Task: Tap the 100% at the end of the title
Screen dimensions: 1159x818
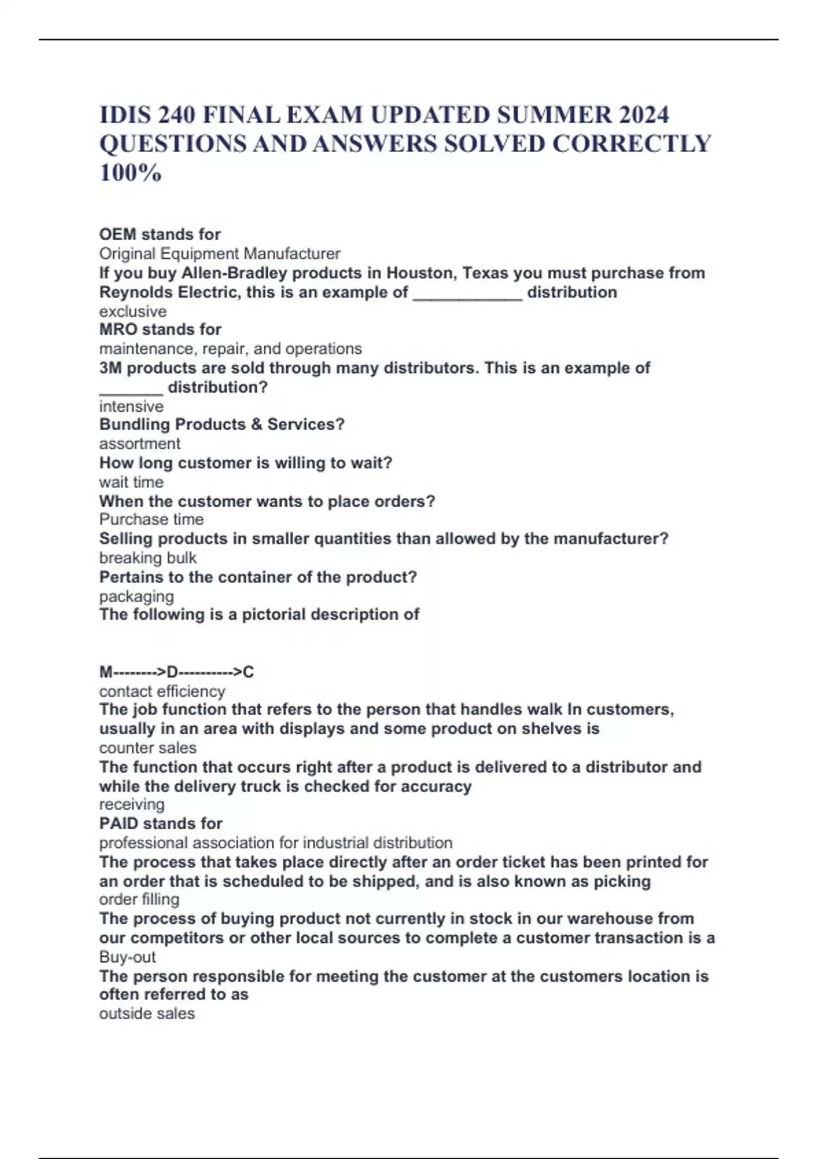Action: pos(130,173)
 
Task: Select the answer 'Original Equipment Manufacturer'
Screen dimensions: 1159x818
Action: pos(219,254)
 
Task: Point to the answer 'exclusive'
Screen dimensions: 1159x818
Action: pos(133,312)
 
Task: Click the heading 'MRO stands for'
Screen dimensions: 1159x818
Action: pos(160,329)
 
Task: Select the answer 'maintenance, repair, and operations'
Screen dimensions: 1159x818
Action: pos(230,348)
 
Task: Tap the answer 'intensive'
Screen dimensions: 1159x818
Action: pos(132,406)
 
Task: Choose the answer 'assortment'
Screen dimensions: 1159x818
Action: pos(140,444)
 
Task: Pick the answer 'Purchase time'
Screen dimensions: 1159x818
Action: pos(151,520)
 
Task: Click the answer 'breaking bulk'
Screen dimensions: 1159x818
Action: pos(148,558)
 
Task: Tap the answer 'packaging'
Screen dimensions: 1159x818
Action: pos(136,597)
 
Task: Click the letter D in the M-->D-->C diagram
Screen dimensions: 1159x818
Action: pos(172,672)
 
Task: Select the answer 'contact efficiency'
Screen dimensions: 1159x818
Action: pos(162,691)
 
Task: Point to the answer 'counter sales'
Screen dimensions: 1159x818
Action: pos(148,748)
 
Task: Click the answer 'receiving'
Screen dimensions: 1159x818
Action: pos(132,804)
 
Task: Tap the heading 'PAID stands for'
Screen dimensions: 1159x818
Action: pos(161,824)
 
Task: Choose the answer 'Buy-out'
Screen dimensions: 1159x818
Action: pos(127,957)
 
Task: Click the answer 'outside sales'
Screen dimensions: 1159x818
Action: pos(147,1014)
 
